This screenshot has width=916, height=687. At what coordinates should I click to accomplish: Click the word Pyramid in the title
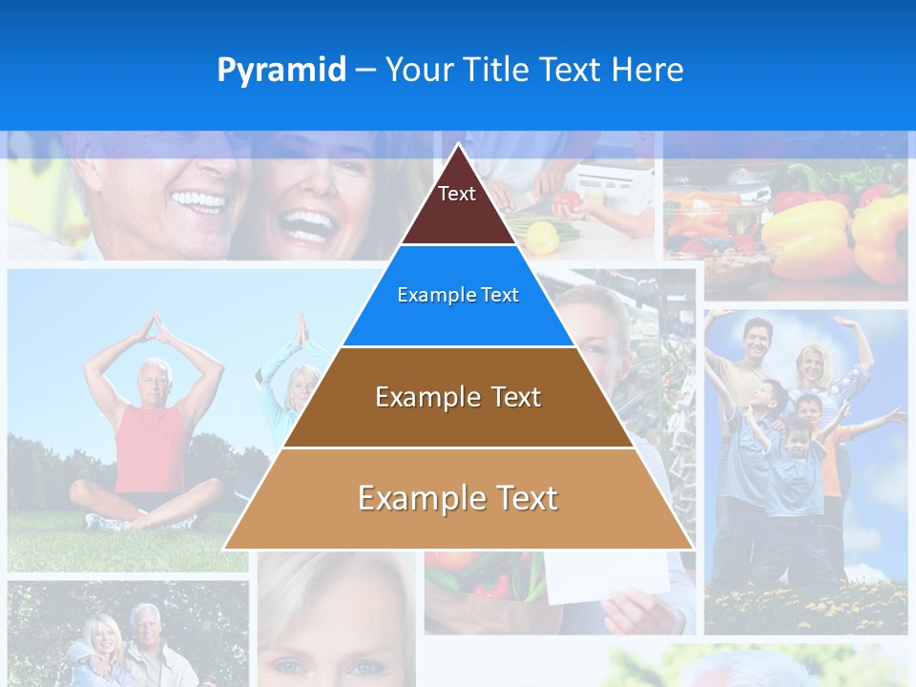(x=281, y=70)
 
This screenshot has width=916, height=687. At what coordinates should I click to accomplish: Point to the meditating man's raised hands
(x=154, y=328)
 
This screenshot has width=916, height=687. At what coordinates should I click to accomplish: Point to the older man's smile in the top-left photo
(x=197, y=200)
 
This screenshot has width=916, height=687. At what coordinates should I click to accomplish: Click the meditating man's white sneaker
(x=105, y=522)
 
